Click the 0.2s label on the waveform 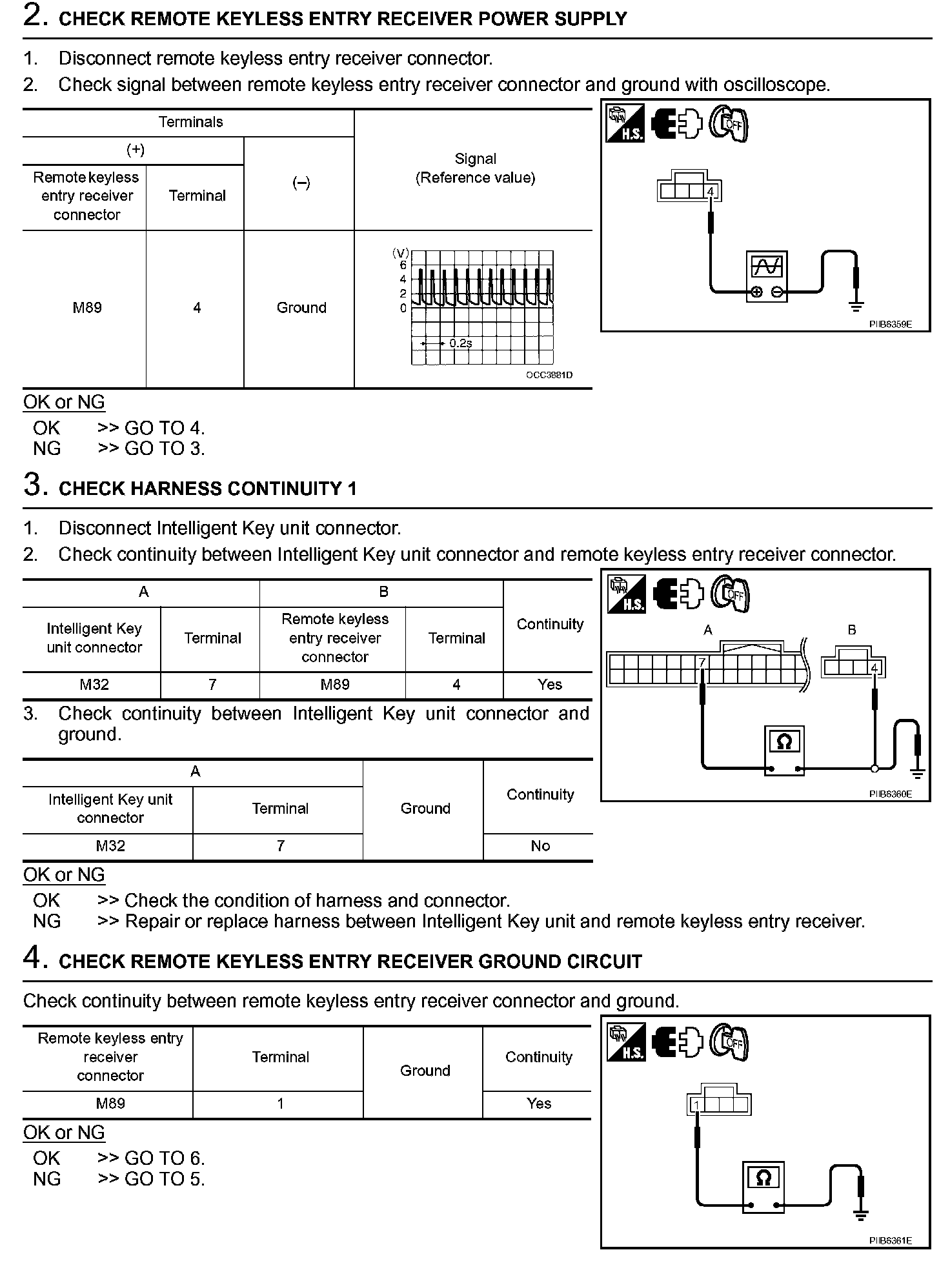coord(461,343)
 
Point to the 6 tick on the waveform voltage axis coord(403,265)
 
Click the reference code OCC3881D coord(549,375)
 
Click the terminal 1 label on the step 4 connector coord(696,1105)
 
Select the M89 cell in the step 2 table coord(86,308)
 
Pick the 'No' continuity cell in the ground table coord(540,845)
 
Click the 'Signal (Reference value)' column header coord(475,168)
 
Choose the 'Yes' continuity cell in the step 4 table coord(538,1104)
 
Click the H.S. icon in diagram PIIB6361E coord(625,1044)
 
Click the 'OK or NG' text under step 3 coord(64,874)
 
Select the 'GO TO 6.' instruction coord(165,1158)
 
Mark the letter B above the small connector coord(852,630)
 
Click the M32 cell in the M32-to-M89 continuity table coord(94,685)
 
